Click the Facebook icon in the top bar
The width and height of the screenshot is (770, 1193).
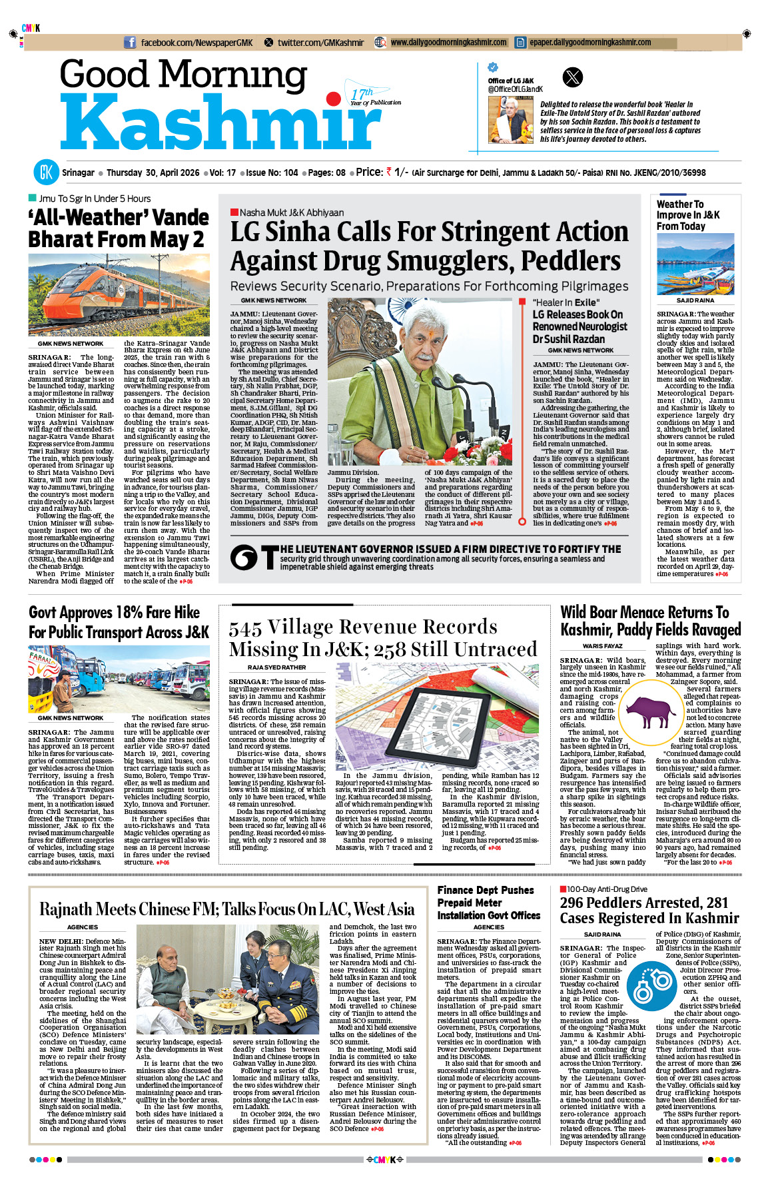130,43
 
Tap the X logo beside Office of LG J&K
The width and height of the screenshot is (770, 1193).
573,77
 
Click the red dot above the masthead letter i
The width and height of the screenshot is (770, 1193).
334,100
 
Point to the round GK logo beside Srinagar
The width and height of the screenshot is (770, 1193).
46,173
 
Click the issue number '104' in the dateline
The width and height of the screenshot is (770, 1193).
290,173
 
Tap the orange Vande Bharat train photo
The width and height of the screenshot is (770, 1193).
119,294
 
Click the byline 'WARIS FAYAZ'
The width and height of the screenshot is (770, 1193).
602,645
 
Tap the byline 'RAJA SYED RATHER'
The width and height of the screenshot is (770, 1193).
276,667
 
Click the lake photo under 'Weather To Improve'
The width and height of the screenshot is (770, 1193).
695,264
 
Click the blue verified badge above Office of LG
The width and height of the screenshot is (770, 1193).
493,67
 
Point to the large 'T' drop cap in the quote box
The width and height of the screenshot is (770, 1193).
270,558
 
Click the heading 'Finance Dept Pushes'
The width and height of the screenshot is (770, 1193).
486,890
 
